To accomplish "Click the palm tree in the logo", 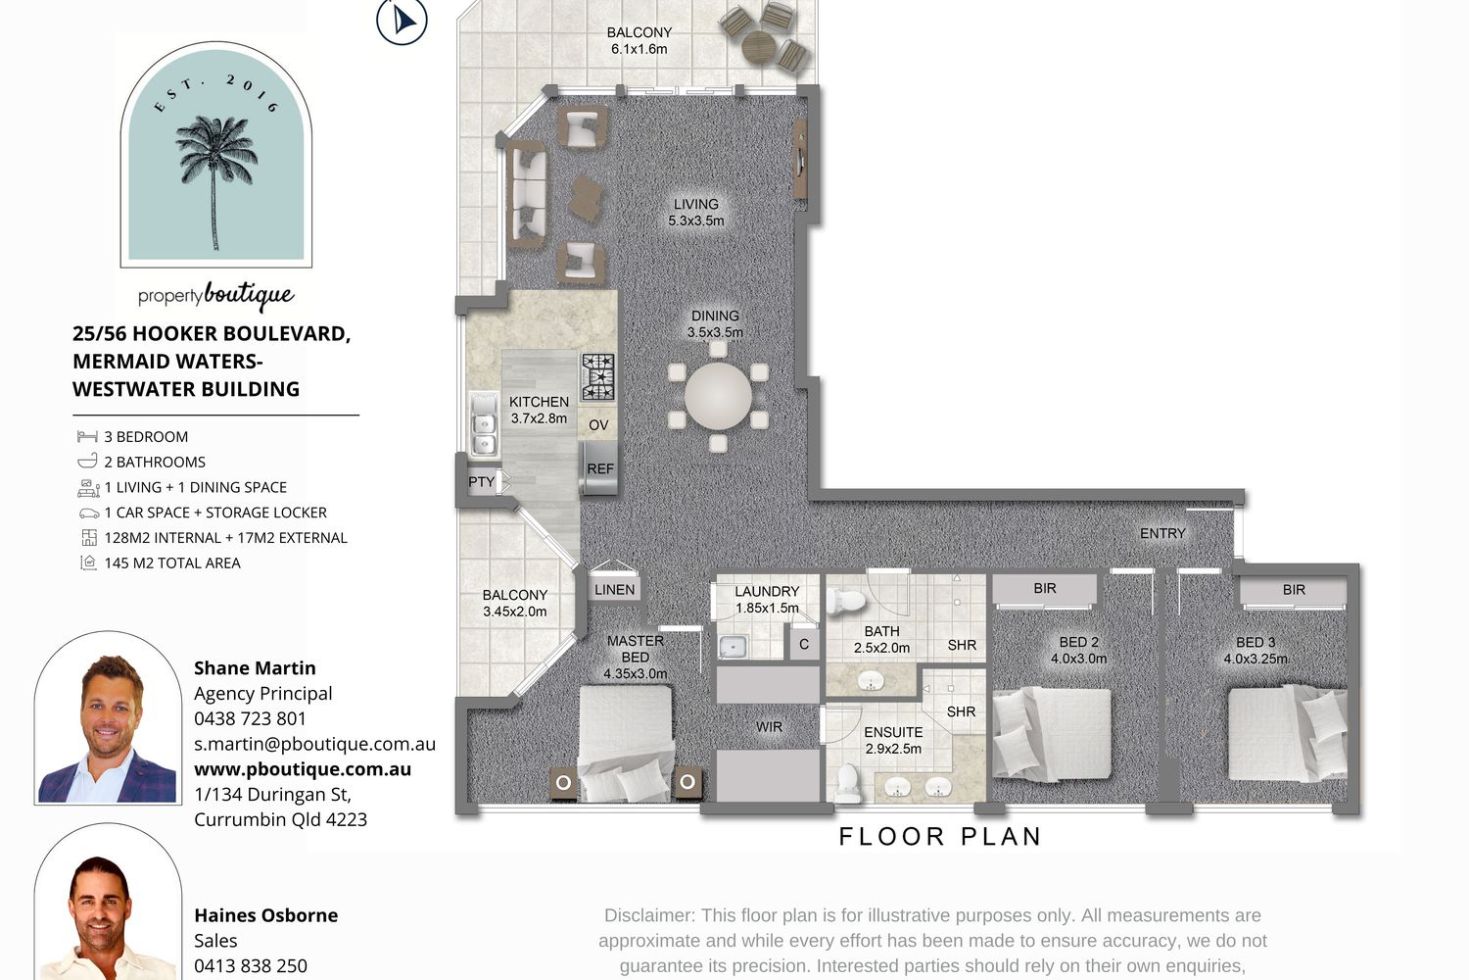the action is (x=215, y=177).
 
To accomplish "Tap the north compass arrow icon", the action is (x=402, y=21).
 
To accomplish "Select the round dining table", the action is (x=718, y=396).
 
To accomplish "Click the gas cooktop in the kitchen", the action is (x=598, y=376).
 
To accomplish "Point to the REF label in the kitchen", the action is (x=600, y=468).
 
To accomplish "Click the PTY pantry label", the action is (x=481, y=482).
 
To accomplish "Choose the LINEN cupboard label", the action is (x=614, y=589).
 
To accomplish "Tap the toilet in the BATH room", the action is (x=845, y=601).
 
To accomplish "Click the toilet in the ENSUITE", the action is (x=848, y=783).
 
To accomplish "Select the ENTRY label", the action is (x=1162, y=533).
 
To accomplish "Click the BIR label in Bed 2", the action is (x=1045, y=588).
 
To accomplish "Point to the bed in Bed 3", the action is (x=1288, y=732).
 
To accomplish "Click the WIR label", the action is (x=769, y=726).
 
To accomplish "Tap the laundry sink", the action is (x=733, y=647).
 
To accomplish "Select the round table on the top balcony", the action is (x=759, y=47).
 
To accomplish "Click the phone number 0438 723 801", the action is (x=250, y=718).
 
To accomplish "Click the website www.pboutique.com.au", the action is (x=303, y=768).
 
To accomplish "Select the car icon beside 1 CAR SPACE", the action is (x=88, y=513).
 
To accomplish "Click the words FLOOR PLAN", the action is (x=940, y=836).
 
